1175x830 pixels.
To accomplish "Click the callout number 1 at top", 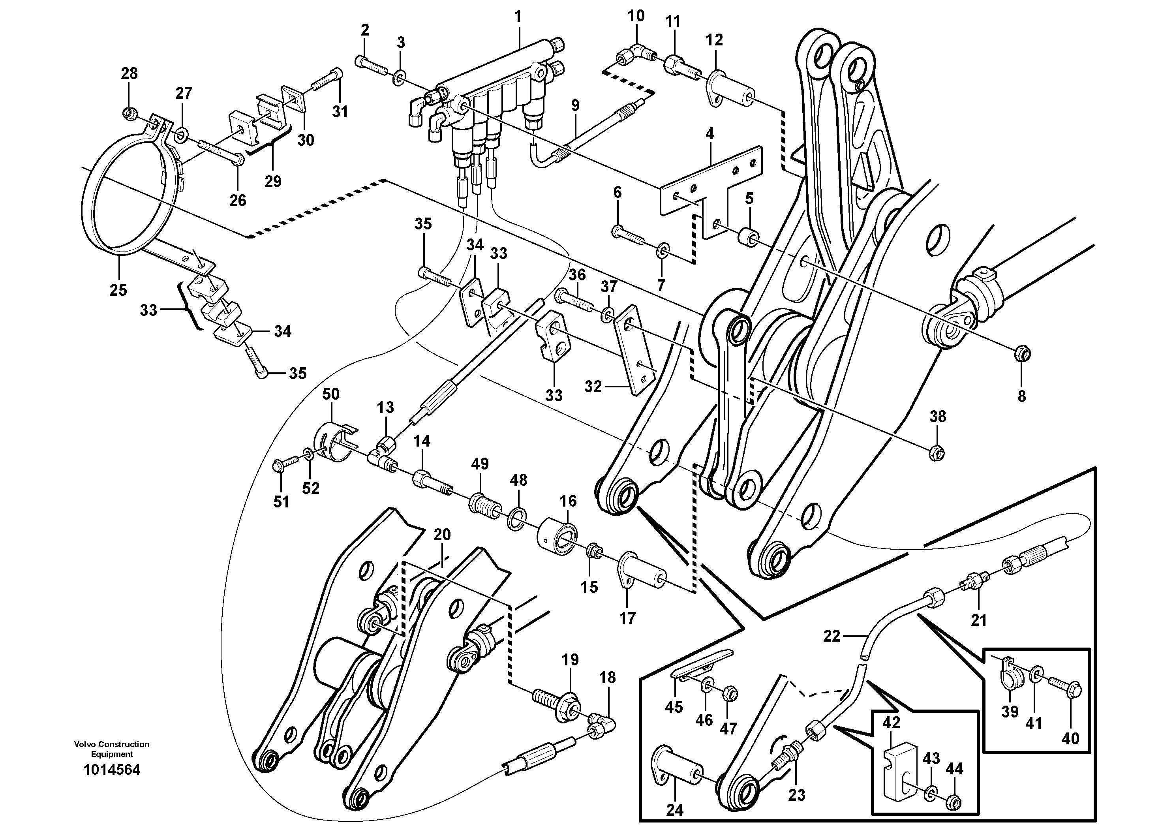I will tap(518, 17).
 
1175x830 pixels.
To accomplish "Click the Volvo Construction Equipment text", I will tap(112, 749).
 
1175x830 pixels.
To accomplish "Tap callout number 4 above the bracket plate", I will tap(709, 134).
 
